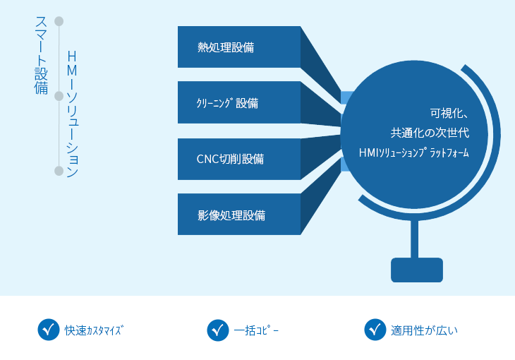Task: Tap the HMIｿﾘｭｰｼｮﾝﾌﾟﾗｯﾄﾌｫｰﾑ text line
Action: [414, 152]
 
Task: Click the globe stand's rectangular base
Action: [417, 270]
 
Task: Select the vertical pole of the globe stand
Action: [415, 236]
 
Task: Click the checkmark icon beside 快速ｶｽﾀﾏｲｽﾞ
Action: [48, 330]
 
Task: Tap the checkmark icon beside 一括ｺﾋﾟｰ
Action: [217, 330]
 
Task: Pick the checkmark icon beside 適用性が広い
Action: [375, 330]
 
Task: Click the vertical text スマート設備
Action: [41, 56]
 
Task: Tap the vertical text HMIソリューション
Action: [71, 113]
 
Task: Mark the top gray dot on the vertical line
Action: [59, 21]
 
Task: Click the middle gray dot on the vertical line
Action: [59, 96]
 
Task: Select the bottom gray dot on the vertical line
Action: [59, 171]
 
